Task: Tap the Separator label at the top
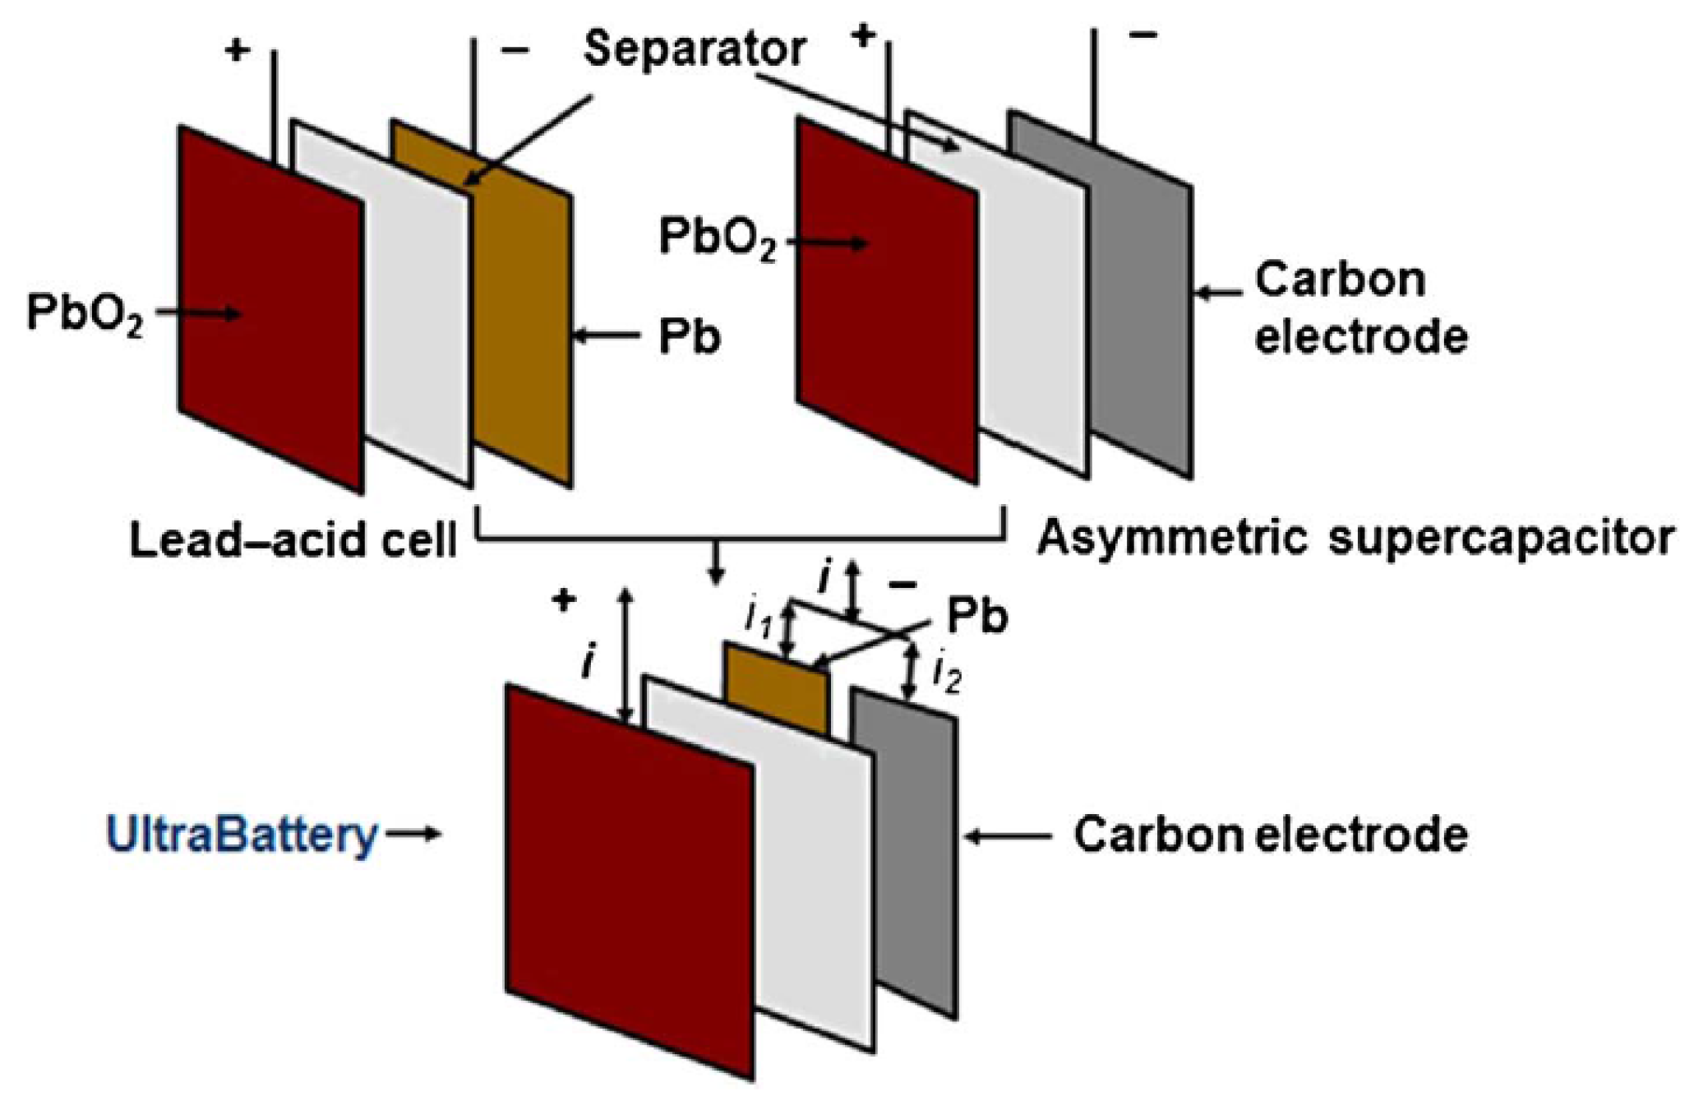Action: click(695, 49)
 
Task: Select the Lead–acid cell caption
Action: click(293, 541)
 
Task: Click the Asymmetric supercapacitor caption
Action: click(1355, 539)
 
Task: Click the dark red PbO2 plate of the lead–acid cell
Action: click(271, 312)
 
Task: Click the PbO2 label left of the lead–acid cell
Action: click(85, 314)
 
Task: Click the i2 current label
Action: click(947, 676)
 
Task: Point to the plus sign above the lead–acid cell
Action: click(237, 51)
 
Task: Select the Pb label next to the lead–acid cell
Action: click(689, 336)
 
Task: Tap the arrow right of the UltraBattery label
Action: click(413, 835)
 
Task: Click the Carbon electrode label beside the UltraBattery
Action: click(1271, 835)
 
